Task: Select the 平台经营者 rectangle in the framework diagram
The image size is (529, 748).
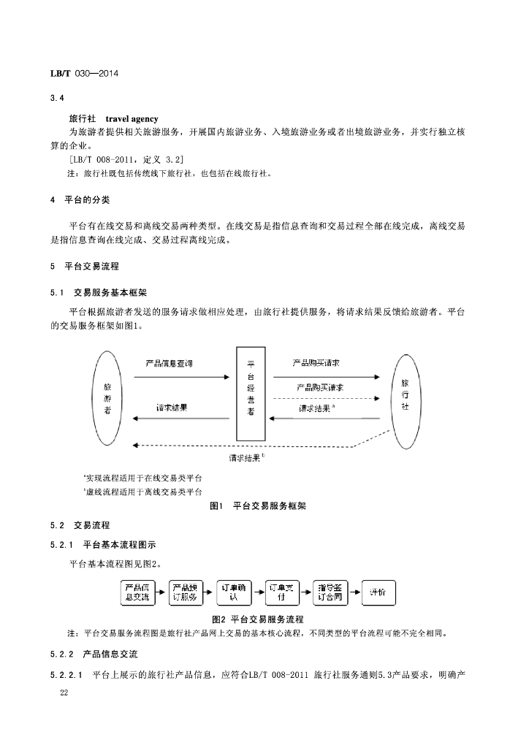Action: tap(251, 394)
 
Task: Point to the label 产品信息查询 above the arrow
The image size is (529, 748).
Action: tap(170, 364)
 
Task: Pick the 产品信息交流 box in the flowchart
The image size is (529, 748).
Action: tap(136, 592)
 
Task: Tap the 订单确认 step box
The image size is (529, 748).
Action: tap(234, 592)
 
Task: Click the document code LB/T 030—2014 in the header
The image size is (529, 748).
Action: tap(83, 75)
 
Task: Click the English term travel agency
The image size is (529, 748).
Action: tap(132, 118)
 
